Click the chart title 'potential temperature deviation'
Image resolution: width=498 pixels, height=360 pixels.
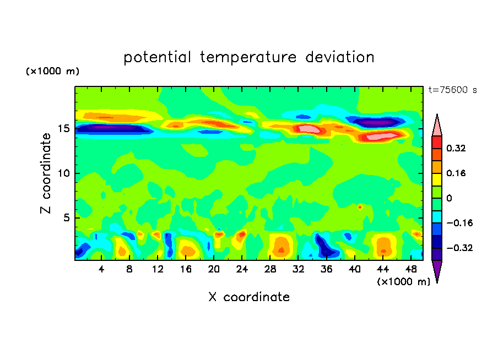(x=249, y=57)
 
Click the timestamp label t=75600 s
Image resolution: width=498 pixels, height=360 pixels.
(x=452, y=90)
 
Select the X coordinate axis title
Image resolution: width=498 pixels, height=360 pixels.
(x=249, y=297)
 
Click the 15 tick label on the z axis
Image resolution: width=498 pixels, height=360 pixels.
(x=63, y=129)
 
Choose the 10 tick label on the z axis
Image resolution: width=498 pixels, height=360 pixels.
(x=63, y=173)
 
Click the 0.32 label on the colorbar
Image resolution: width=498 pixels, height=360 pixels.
(x=456, y=148)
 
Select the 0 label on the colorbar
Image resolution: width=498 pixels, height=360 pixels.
(x=448, y=198)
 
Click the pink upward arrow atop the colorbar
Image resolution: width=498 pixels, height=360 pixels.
(x=437, y=125)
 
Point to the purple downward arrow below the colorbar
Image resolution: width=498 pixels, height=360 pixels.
(x=437, y=271)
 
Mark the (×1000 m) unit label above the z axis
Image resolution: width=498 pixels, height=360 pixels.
(x=52, y=72)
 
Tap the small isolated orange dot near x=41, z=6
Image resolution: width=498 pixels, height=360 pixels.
(x=360, y=207)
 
